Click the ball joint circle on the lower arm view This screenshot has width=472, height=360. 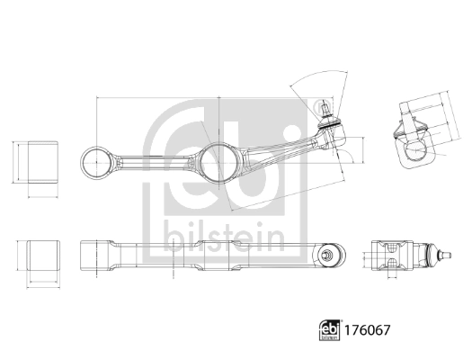(330, 255)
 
